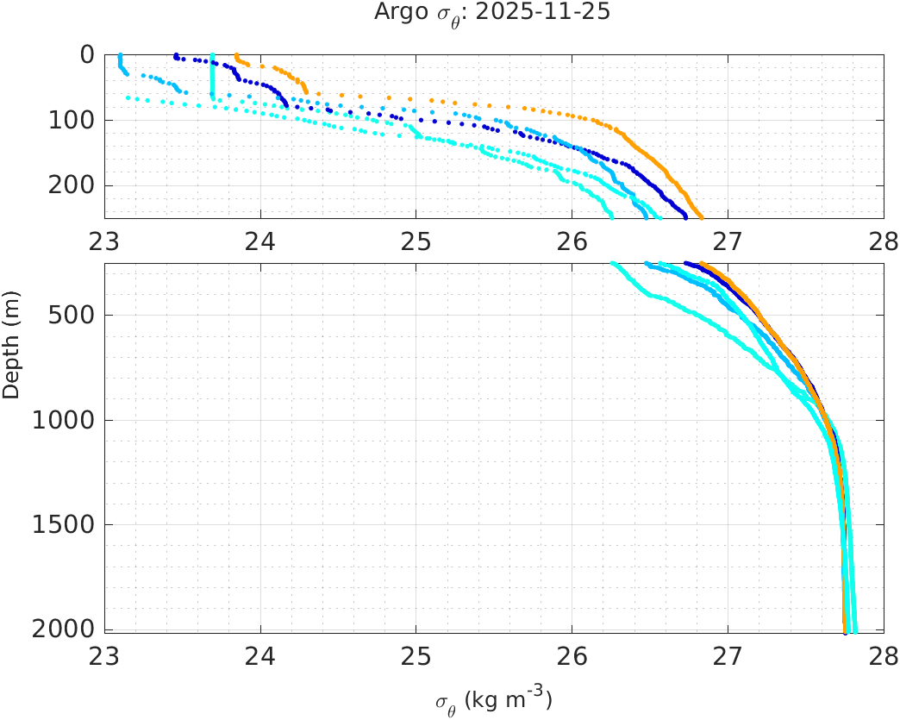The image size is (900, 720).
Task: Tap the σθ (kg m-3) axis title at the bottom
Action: tap(493, 700)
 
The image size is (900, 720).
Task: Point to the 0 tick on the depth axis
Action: tap(87, 54)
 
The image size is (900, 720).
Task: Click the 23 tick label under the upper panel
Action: tap(105, 236)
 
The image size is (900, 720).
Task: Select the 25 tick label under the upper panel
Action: tap(416, 236)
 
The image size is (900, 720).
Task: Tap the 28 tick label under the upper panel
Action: tap(883, 236)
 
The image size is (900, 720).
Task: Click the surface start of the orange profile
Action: tap(236, 55)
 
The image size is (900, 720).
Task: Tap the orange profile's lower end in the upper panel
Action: tap(701, 216)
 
